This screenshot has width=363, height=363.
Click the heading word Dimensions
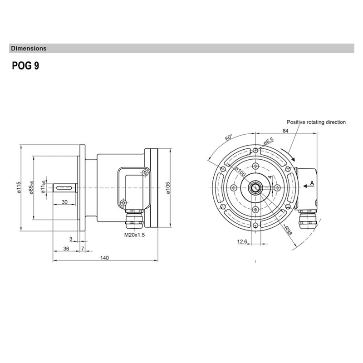pyautogui.click(x=29, y=48)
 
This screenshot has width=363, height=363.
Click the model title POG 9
pyautogui.click(x=25, y=66)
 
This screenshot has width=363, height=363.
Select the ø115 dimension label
pyautogui.click(x=19, y=187)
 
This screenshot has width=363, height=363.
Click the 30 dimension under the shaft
pyautogui.click(x=64, y=202)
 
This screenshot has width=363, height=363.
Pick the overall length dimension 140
pyautogui.click(x=104, y=258)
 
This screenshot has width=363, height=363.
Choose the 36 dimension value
pyautogui.click(x=66, y=248)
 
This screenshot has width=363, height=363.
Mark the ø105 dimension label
pyautogui.click(x=167, y=188)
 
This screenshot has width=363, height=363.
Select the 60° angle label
pyautogui.click(x=229, y=138)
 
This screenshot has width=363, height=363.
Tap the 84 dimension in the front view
pyautogui.click(x=285, y=131)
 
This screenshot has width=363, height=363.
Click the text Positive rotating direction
pyautogui.click(x=316, y=122)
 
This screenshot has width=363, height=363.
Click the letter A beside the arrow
pyautogui.click(x=312, y=183)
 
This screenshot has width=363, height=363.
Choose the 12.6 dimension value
pyautogui.click(x=242, y=242)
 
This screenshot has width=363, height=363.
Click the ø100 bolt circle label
pyautogui.click(x=240, y=172)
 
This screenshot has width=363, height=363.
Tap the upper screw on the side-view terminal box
pyautogui.click(x=144, y=172)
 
